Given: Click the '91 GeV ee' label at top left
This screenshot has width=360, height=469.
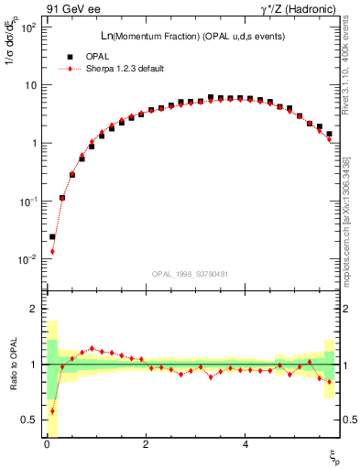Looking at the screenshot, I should (x=72, y=10).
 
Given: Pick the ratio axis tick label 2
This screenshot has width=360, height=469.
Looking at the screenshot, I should (x=32, y=310).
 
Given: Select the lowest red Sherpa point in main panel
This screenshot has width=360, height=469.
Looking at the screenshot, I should (x=52, y=251).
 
